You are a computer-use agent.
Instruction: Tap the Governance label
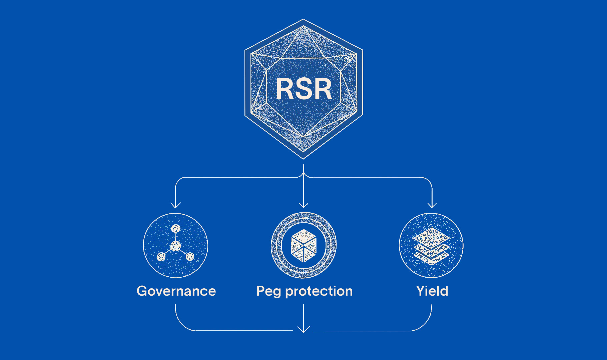[x=176, y=291]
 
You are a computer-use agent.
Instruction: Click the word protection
[x=319, y=291]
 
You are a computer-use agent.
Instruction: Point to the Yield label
[x=432, y=291]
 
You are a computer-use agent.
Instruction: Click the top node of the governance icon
[x=175, y=229]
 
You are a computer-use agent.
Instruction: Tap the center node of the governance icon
[x=175, y=246]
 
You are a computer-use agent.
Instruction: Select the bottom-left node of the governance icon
[x=161, y=257]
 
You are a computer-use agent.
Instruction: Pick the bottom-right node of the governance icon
[x=190, y=256]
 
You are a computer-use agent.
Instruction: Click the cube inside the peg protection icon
[x=303, y=246]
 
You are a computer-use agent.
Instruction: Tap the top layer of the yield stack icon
[x=431, y=237]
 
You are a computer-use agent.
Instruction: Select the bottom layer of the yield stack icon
[x=431, y=258]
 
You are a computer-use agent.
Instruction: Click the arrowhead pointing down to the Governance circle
[x=175, y=205]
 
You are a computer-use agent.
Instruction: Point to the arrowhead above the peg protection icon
[x=303, y=205]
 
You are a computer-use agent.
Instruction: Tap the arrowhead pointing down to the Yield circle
[x=432, y=205]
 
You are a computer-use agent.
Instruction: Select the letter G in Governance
[x=142, y=291]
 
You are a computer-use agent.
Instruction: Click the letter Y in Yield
[x=421, y=291]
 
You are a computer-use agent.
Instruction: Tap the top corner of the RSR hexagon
[x=303, y=19]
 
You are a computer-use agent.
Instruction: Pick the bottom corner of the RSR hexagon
[x=303, y=159]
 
